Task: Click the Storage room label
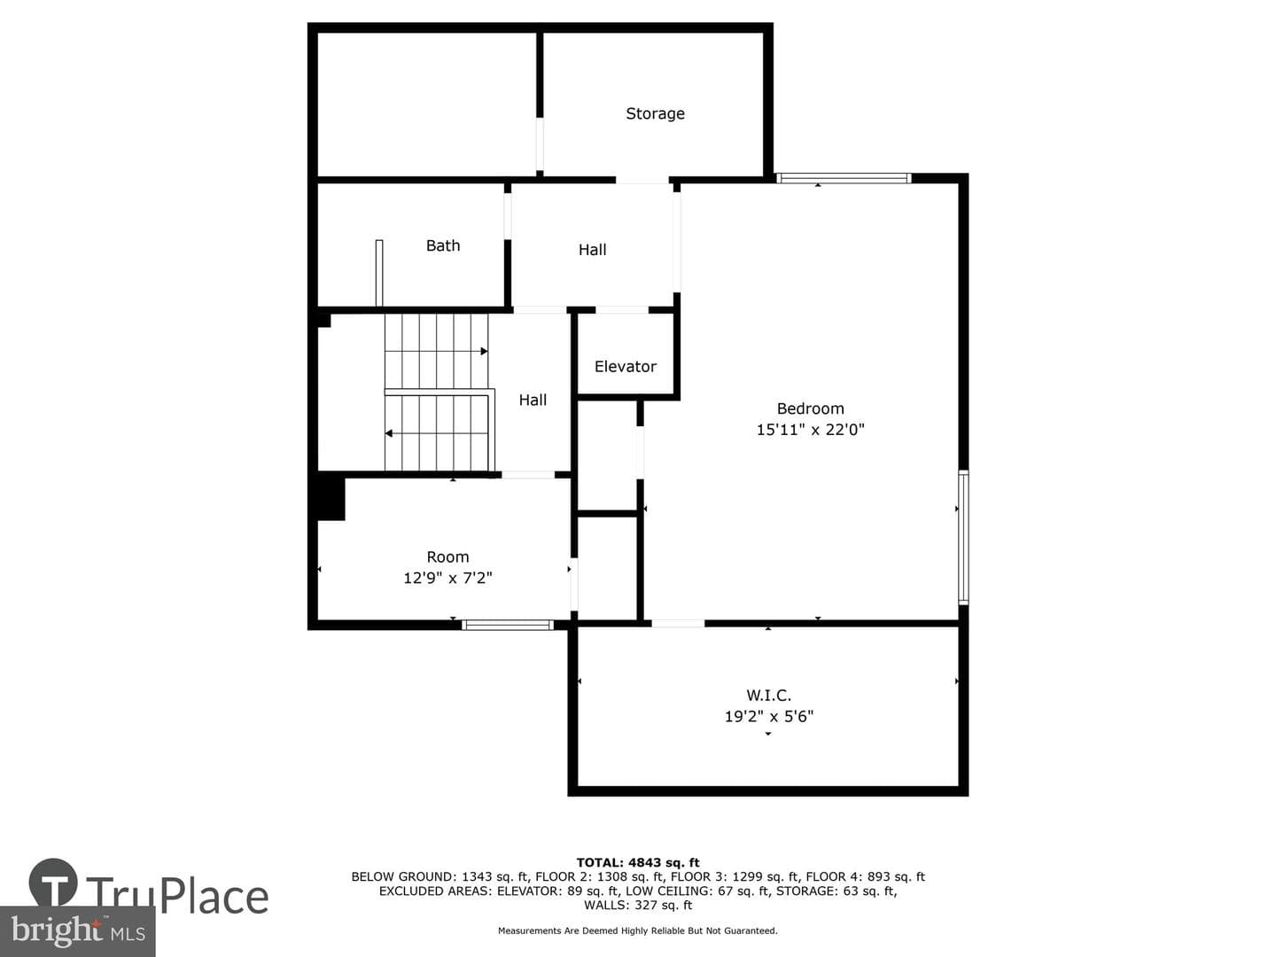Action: coord(655,113)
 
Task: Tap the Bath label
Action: coord(443,245)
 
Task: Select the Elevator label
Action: coord(626,367)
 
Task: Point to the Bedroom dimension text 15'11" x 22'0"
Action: coord(811,430)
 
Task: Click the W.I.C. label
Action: coord(768,695)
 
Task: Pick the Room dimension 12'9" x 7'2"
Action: coord(447,578)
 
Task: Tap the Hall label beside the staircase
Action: coord(533,400)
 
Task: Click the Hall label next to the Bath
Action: coord(593,250)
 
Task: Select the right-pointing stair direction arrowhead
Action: coord(484,352)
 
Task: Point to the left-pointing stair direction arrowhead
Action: coord(389,433)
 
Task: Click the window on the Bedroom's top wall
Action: coord(844,178)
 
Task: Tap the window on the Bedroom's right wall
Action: coord(963,538)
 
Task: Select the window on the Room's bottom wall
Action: coord(508,626)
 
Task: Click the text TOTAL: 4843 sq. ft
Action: coord(638,863)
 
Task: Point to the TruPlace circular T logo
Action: coord(53,882)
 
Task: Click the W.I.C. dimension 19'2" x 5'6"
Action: coord(768,717)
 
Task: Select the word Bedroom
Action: coord(811,408)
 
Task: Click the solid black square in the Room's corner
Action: coord(331,499)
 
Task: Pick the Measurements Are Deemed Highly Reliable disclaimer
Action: coord(638,930)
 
